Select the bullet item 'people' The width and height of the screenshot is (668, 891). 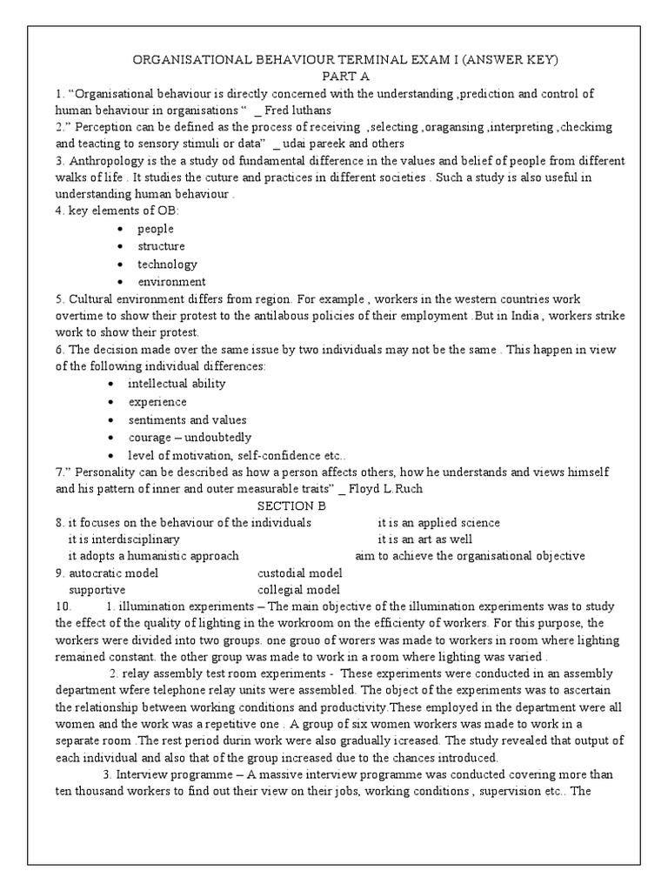(155, 229)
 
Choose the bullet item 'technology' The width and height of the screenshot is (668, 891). (167, 264)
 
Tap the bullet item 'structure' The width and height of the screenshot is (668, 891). (161, 246)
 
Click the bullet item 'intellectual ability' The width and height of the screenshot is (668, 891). (177, 384)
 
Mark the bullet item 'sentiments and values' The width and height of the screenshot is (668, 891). (187, 419)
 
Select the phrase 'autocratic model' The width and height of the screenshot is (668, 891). (113, 573)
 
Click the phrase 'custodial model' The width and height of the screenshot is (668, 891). (299, 573)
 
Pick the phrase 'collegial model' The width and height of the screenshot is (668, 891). (297, 590)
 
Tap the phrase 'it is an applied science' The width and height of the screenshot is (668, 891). (438, 523)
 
